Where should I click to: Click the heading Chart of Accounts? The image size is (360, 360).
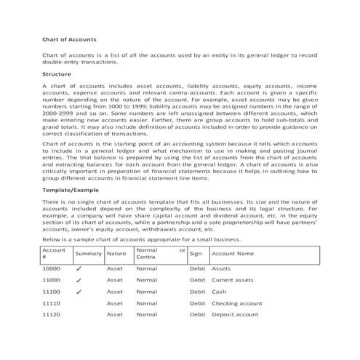67,38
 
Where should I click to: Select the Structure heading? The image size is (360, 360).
57,74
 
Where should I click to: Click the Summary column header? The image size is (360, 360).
88,254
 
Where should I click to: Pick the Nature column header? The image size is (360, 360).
116,254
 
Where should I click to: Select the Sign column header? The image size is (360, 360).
195,254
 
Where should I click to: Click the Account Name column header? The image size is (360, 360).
232,254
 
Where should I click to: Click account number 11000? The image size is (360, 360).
51,280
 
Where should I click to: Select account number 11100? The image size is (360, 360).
51,292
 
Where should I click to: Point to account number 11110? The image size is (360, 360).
51,303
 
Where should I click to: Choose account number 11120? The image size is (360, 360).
51,315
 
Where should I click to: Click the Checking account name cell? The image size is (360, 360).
236,303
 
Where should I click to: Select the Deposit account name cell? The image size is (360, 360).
234,315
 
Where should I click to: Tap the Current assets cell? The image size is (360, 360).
232,280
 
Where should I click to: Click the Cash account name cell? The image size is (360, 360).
219,292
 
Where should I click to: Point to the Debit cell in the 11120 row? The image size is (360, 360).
197,315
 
